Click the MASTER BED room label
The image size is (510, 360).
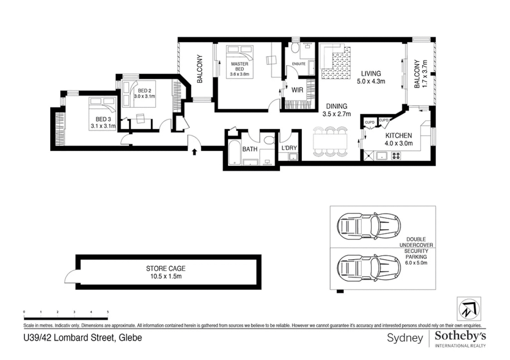pos(239,66)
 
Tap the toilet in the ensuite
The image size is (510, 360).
pos(295,49)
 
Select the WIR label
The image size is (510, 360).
pos(297,90)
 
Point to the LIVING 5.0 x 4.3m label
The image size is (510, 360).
pos(371,77)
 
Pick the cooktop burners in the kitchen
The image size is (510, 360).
pos(396,156)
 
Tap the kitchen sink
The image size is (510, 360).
pos(381,156)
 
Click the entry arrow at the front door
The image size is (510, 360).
pos(194,152)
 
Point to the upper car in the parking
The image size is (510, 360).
pos(369,226)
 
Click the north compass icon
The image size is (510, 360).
pos(469,309)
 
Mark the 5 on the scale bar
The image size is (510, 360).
pos(108,312)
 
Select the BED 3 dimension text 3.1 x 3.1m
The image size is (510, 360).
pos(103,126)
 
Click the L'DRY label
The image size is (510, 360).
pos(289,148)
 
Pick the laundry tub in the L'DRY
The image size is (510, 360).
pos(293,156)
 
